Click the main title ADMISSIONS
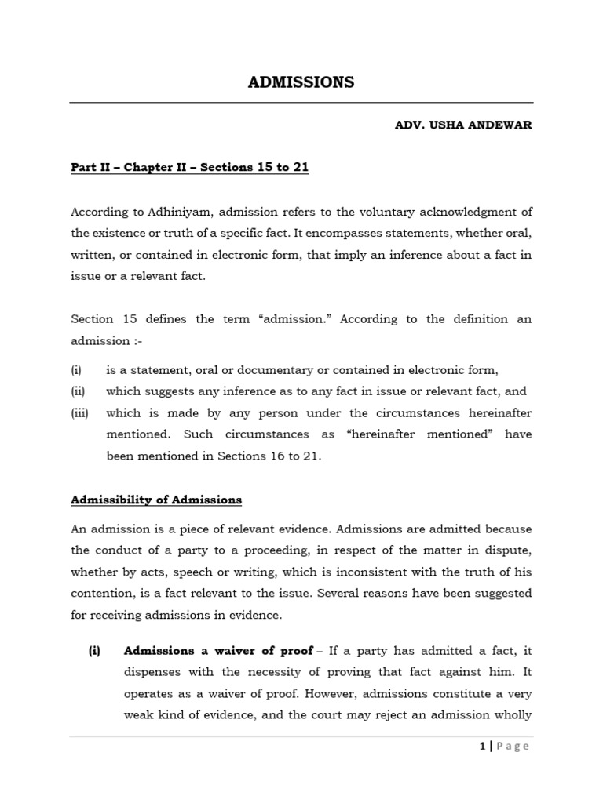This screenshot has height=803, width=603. (301, 82)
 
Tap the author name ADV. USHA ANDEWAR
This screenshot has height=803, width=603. (463, 125)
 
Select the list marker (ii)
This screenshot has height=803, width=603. (78, 391)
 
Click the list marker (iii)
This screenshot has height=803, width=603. (79, 413)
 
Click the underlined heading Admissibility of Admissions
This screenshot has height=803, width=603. (156, 500)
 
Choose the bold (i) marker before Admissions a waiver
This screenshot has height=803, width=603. (95, 651)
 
